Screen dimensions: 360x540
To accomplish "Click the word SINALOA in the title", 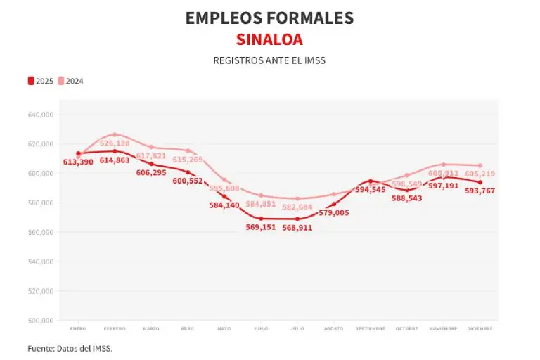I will (269, 39).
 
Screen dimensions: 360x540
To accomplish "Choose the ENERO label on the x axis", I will (78, 328).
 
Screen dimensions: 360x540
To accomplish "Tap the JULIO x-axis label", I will (297, 328).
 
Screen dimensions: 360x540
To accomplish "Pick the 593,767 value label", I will (480, 191).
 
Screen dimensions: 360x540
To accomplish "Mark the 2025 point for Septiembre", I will (371, 181).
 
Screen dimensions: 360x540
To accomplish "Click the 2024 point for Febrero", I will (115, 134).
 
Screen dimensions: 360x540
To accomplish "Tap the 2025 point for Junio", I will (261, 219).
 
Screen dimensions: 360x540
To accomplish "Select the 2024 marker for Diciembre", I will (480, 165).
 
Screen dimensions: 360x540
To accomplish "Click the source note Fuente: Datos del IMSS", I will (70, 348).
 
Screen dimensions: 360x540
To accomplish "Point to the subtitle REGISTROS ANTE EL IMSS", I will (269, 60).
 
